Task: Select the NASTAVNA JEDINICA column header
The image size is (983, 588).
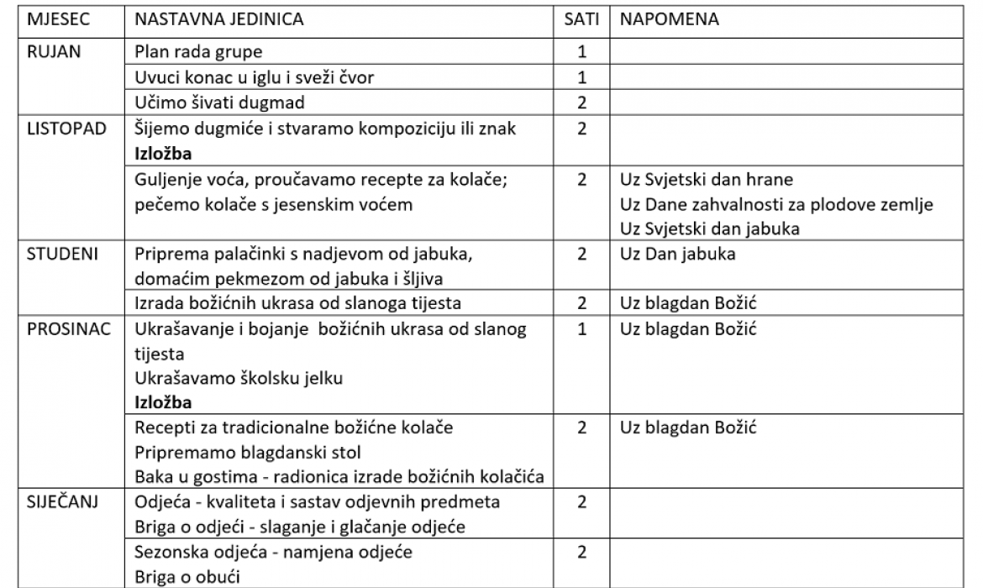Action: [x=219, y=19]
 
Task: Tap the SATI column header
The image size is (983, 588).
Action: [x=581, y=19]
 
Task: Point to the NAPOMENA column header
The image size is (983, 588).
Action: [x=670, y=19]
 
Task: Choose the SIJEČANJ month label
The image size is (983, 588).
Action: [x=62, y=502]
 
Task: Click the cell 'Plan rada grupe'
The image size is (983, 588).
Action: [x=198, y=51]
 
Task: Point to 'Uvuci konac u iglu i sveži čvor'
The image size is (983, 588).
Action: [x=255, y=77]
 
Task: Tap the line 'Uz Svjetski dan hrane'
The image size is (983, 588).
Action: [x=707, y=179]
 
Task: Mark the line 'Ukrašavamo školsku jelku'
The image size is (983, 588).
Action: [x=239, y=378]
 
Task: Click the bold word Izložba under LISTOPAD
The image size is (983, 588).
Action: [x=163, y=154]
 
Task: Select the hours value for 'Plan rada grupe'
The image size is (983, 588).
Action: [x=581, y=51]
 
